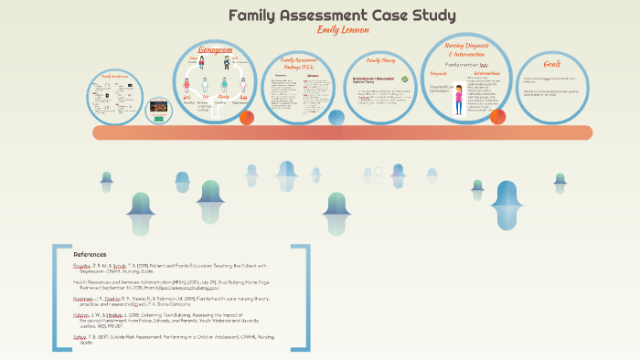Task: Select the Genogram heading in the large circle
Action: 215,51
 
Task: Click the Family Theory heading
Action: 379,60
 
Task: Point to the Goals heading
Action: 552,64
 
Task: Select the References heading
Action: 91,254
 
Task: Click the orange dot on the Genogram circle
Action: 246,118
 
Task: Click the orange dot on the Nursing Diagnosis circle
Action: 497,116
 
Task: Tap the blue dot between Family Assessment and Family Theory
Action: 336,117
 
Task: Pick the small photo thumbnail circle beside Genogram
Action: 158,108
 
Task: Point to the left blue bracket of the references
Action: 57,297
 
